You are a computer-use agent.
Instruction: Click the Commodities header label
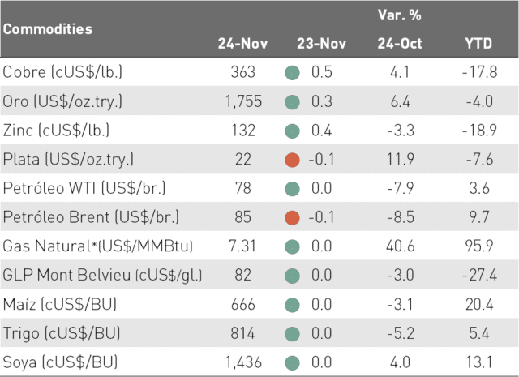pos(48,29)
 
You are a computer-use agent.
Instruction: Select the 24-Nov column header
pos(242,43)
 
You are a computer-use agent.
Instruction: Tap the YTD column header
pos(478,43)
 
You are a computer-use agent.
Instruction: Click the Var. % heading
pos(400,15)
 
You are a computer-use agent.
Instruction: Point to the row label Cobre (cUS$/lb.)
pos(62,72)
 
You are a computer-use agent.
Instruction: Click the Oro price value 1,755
pos(243,101)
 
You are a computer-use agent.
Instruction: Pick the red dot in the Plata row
pos(292,160)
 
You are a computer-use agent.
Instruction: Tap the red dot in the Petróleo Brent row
pos(292,218)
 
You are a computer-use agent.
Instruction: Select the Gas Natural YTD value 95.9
pos(479,246)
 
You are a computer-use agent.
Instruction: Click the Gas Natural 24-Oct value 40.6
pos(400,246)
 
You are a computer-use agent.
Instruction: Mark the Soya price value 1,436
pos(243,362)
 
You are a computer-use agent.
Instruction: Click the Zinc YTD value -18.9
pos(479,130)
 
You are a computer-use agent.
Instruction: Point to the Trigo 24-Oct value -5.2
pos(401,333)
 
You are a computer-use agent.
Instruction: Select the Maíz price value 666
pos(243,304)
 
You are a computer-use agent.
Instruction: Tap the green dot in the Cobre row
pos(292,73)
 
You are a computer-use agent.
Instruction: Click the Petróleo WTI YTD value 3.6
pos(479,188)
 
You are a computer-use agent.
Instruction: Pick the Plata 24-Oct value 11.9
pos(401,159)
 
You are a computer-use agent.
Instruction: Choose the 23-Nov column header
pos(321,43)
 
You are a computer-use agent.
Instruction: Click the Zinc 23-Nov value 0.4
pos(321,130)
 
